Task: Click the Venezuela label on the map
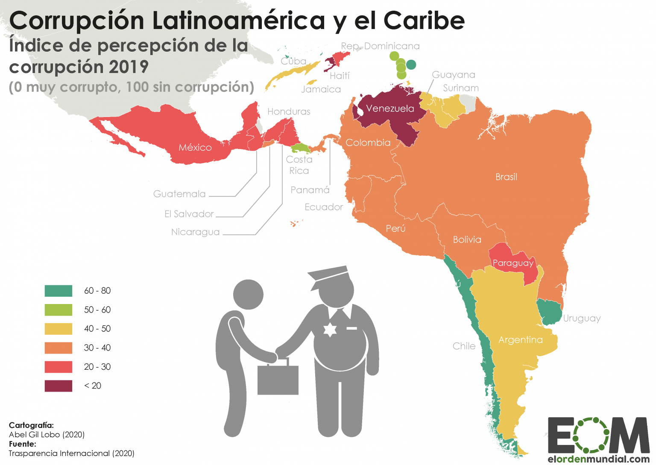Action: pyautogui.click(x=390, y=108)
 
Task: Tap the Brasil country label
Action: pyautogui.click(x=506, y=177)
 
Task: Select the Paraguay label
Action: pyautogui.click(x=513, y=263)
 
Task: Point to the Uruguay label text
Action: pyautogui.click(x=582, y=319)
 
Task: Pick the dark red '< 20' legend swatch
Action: pyautogui.click(x=59, y=386)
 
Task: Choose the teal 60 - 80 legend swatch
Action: pyautogui.click(x=59, y=291)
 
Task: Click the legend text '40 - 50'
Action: pyautogui.click(x=97, y=329)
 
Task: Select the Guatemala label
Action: pyautogui.click(x=179, y=194)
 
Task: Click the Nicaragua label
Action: pyautogui.click(x=195, y=232)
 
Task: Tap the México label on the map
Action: pyautogui.click(x=195, y=148)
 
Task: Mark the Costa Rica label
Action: pyautogui.click(x=299, y=165)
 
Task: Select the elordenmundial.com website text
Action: pyautogui.click(x=599, y=459)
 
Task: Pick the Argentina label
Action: pyautogui.click(x=521, y=340)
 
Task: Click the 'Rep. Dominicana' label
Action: pyautogui.click(x=380, y=46)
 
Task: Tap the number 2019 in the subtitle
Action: pyautogui.click(x=128, y=67)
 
